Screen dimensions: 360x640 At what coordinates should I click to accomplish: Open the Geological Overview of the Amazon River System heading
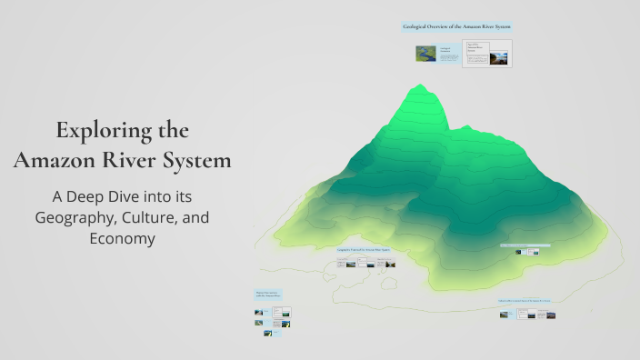click(x=456, y=27)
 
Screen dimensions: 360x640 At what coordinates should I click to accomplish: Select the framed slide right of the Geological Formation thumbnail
click(x=486, y=54)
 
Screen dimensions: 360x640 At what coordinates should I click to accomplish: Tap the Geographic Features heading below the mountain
click(x=364, y=248)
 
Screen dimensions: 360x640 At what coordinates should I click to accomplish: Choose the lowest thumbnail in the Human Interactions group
click(x=268, y=333)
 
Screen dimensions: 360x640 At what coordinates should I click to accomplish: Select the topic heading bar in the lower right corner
click(x=526, y=301)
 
